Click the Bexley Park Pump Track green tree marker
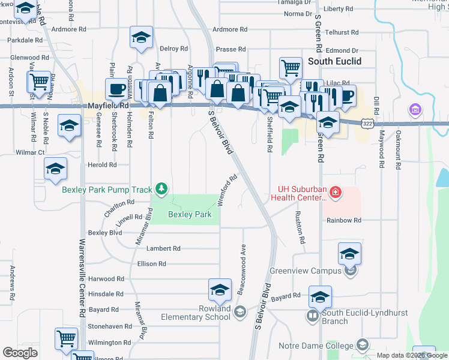[x=161, y=190]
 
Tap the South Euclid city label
[x=334, y=61]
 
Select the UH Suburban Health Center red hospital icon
[x=336, y=192]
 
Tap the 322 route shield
[x=368, y=122]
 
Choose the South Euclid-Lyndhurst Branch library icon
[x=312, y=315]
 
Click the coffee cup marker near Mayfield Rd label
[x=116, y=89]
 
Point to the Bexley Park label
[x=190, y=214]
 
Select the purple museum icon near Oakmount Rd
[x=414, y=110]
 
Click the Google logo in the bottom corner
[x=20, y=353]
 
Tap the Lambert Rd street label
[x=163, y=248]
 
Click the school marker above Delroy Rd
[x=141, y=38]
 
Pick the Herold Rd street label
[x=102, y=165]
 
